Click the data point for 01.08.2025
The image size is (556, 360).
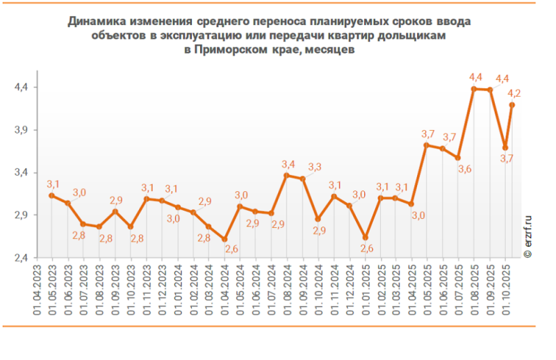pos(473,89)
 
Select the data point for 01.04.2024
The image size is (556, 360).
pos(224,239)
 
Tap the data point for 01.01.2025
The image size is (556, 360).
pos(366,238)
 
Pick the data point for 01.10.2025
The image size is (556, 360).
pos(512,105)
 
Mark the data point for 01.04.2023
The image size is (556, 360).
pos(51,195)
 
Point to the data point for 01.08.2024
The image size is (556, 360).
pos(286,175)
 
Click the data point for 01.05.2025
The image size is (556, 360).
pos(427,145)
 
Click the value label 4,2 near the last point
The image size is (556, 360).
pos(515,92)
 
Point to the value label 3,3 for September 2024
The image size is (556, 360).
pos(315,167)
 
